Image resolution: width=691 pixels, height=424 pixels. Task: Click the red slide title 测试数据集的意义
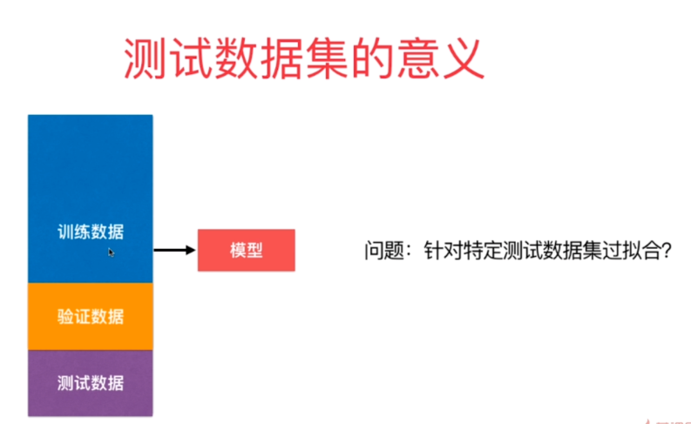coord(304,58)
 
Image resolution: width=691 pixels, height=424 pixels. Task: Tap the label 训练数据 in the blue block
coord(91,232)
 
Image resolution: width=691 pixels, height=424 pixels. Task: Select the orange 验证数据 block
coord(91,317)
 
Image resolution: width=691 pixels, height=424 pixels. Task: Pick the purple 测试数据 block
coord(91,383)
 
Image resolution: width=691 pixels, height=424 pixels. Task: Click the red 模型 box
coord(247,250)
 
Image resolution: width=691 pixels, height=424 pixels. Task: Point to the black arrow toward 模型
coord(174,250)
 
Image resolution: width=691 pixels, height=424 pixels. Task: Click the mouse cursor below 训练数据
coord(111,252)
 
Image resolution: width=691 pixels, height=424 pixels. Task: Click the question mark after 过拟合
coord(667,251)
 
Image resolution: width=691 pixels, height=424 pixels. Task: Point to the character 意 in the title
coord(417,58)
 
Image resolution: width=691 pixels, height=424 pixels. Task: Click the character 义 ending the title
coord(464,58)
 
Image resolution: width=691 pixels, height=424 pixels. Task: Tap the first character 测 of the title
coord(145,58)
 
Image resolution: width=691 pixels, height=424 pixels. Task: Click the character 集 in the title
coord(327,58)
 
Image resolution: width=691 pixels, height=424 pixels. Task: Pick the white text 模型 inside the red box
coord(247,251)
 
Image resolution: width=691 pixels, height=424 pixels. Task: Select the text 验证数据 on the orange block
coord(91,317)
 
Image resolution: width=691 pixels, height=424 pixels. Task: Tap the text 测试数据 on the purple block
coord(91,383)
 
